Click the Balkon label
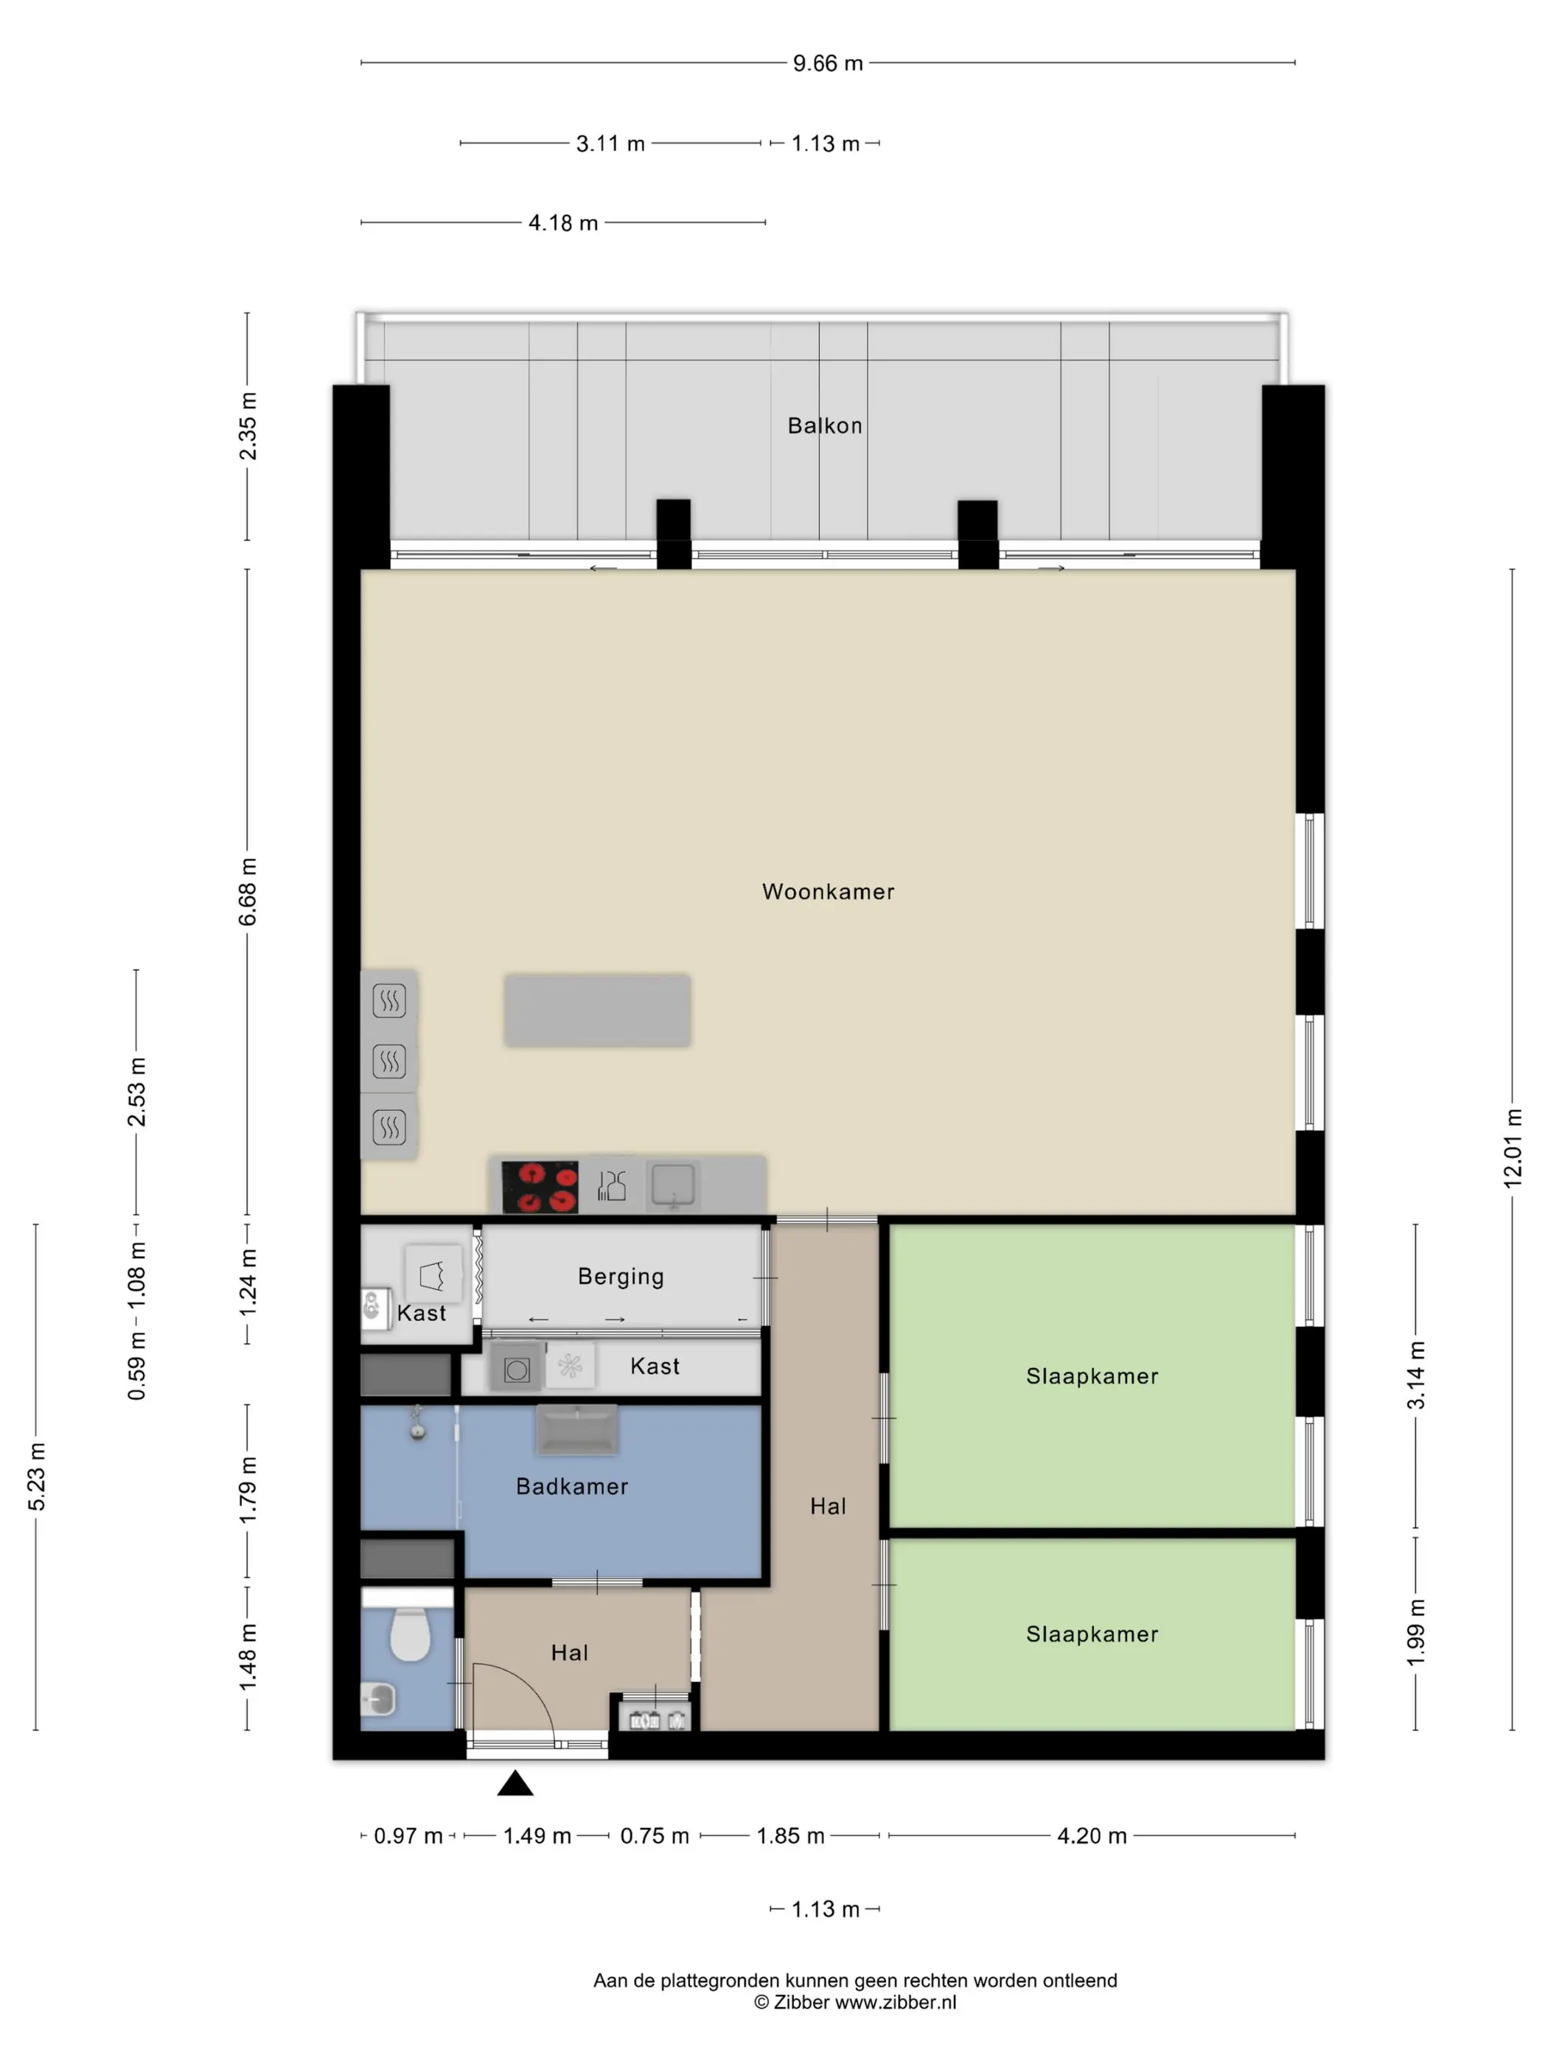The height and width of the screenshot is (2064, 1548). coord(825,425)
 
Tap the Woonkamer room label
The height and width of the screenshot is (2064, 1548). coord(829,891)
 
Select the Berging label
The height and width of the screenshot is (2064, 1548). coord(621,1277)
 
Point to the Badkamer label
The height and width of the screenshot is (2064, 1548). coord(572,1486)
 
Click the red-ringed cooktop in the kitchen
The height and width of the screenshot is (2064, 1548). coord(540,1187)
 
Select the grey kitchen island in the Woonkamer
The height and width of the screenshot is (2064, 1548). coord(597,1011)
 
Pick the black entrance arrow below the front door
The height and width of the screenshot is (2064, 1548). coord(515,1783)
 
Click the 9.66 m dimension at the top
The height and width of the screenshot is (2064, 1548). coord(828,63)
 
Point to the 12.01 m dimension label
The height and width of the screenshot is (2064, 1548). coord(1513,1148)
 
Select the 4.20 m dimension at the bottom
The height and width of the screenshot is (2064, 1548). coord(1092,1835)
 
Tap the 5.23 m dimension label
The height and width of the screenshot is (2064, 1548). coord(36,1476)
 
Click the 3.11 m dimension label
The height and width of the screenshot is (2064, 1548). coord(610,144)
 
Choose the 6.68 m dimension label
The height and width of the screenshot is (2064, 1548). coord(247,892)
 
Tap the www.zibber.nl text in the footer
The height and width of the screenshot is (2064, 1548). coord(896,2001)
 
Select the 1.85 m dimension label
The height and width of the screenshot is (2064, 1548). coord(790,1835)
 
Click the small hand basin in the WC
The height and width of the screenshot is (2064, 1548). coord(378,1699)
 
